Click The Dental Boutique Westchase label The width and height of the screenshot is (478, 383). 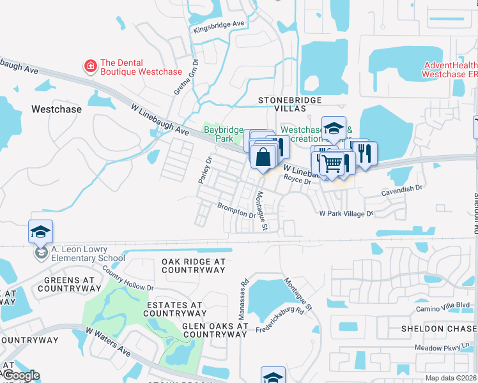(141, 67)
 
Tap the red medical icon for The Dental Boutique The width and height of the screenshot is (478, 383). (91, 65)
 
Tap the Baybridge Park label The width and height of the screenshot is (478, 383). (219, 133)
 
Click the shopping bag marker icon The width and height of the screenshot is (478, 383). (263, 156)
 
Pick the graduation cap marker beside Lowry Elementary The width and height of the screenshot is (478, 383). (40, 232)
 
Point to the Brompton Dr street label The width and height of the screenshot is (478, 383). (236, 211)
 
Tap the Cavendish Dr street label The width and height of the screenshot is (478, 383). (401, 188)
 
